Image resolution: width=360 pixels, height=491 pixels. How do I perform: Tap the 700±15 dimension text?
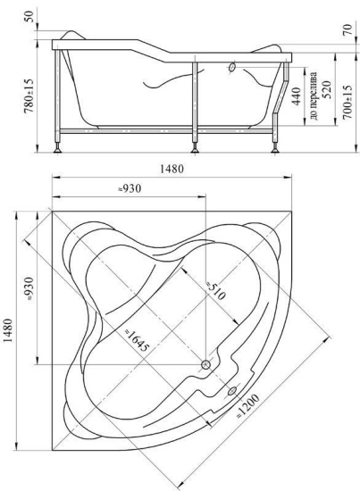(x=347, y=102)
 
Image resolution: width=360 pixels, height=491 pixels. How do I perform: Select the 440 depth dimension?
(x=296, y=96)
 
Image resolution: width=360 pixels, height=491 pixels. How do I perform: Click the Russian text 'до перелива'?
(x=314, y=96)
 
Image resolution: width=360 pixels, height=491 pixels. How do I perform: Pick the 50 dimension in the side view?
(x=29, y=16)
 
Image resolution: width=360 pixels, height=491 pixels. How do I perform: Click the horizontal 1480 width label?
(x=172, y=169)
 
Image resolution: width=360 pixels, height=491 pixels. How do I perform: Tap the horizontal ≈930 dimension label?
(x=130, y=188)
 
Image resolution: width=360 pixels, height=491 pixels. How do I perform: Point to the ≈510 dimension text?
(x=215, y=291)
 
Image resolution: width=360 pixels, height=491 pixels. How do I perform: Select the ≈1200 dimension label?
(x=247, y=405)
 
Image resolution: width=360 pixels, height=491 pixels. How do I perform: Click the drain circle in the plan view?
(x=205, y=364)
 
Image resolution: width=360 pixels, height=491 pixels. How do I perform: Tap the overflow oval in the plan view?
(x=232, y=390)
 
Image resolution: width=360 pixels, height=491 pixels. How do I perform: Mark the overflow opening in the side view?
(x=232, y=67)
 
